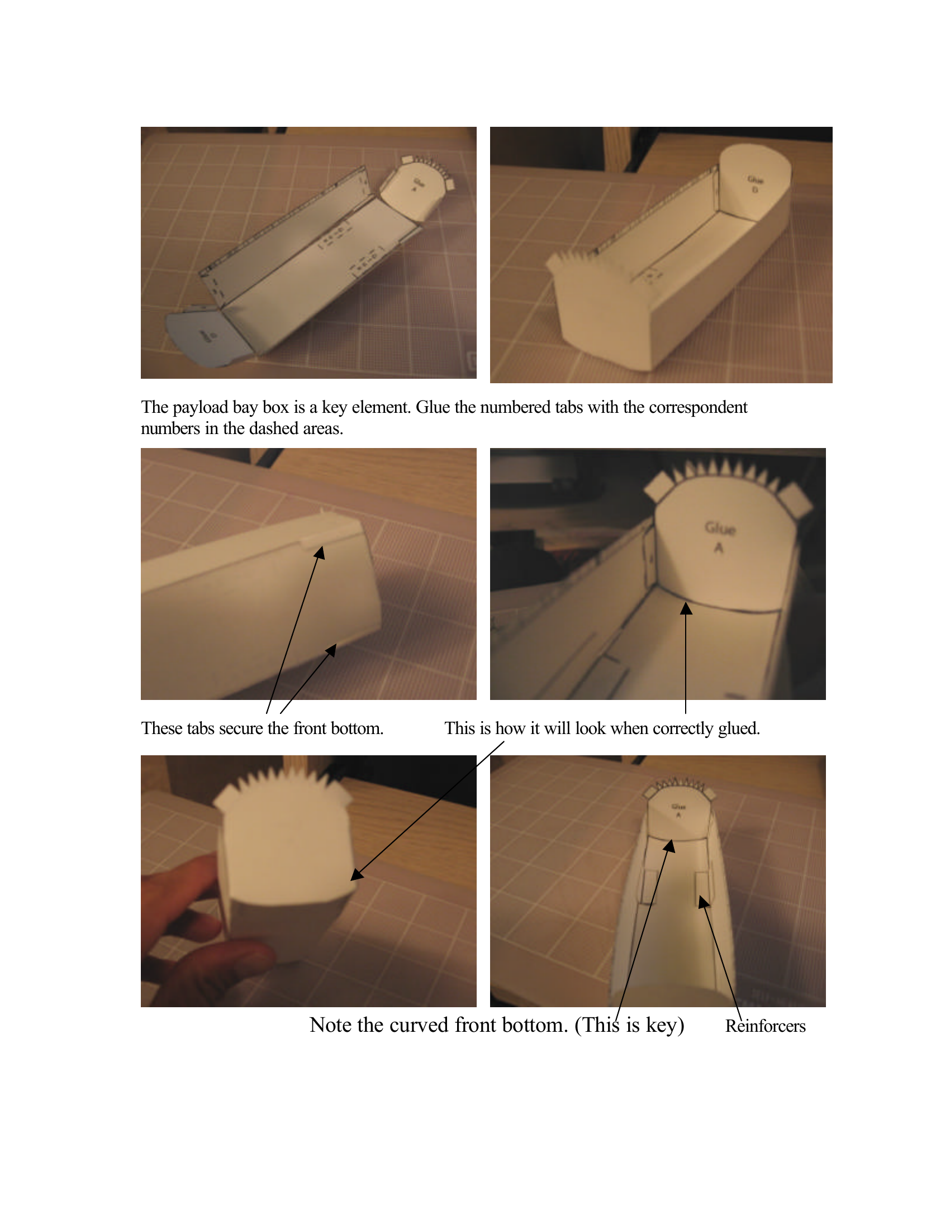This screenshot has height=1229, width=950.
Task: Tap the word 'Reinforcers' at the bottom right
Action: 765,1026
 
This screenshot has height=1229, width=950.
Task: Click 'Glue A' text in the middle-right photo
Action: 720,536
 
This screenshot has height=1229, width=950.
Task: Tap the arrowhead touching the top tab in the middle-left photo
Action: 320,552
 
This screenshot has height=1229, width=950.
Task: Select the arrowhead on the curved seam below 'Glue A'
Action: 686,608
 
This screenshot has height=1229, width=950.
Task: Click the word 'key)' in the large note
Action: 664,1025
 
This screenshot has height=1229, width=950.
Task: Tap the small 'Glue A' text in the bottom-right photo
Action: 679,811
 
